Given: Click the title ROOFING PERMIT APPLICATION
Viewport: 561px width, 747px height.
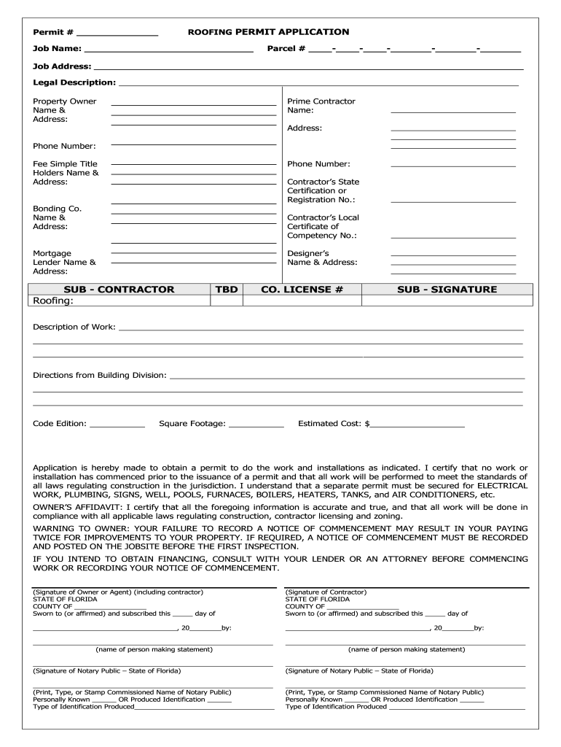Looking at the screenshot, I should point(268,32).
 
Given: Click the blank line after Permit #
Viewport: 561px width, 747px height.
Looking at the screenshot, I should point(117,34).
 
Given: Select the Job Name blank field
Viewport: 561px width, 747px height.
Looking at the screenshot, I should point(169,51).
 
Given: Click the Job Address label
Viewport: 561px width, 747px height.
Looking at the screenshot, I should point(61,66).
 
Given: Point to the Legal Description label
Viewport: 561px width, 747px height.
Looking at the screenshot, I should point(74,82).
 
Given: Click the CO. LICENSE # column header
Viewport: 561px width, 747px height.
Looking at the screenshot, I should point(302,290).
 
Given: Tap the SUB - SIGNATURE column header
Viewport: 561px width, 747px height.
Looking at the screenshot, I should point(447,290).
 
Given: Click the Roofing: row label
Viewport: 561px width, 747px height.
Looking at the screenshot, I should point(53,301).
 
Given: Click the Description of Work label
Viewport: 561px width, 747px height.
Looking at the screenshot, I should point(74,327).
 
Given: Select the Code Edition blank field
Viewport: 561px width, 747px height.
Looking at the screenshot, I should point(117,425).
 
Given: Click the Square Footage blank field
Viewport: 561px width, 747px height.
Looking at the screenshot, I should point(256,425).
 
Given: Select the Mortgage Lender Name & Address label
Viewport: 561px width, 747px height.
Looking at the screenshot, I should point(64,262).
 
